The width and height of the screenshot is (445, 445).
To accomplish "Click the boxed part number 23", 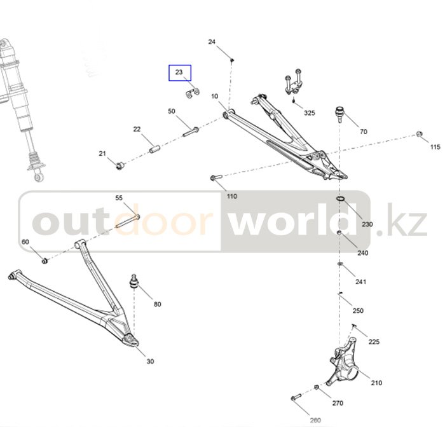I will point(179,73).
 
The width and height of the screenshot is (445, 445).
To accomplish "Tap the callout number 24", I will point(212,42).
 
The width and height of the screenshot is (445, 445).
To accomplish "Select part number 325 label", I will point(309,113).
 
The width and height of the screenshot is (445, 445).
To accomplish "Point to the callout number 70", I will point(363,132).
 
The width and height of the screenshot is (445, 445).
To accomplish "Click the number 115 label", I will point(434,147).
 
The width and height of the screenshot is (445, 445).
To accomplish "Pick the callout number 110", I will point(231,196).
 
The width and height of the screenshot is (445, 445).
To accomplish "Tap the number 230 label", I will point(367,224).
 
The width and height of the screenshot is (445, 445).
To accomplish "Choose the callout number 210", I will point(376,383).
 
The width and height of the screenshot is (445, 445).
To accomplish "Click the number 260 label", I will point(315,420).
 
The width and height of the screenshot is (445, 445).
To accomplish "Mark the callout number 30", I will point(150,362).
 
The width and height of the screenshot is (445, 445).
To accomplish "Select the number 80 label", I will point(157,304).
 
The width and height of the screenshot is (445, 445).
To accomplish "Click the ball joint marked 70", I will point(341,114).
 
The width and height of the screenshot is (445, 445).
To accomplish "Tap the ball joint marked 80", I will point(135,281).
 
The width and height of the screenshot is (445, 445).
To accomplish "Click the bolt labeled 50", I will point(191,132).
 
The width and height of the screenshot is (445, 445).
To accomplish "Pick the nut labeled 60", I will point(44,260).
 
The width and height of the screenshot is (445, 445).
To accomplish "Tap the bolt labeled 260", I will point(296,397).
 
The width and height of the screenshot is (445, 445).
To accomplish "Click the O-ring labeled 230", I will point(341,200).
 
